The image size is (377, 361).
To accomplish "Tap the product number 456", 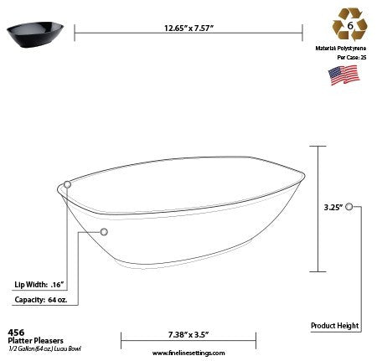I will point(14,332).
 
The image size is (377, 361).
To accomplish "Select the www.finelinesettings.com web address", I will point(178,353).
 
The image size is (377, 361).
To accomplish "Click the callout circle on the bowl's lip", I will point(67,183).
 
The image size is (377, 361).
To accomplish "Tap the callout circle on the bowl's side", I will point(104,231).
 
